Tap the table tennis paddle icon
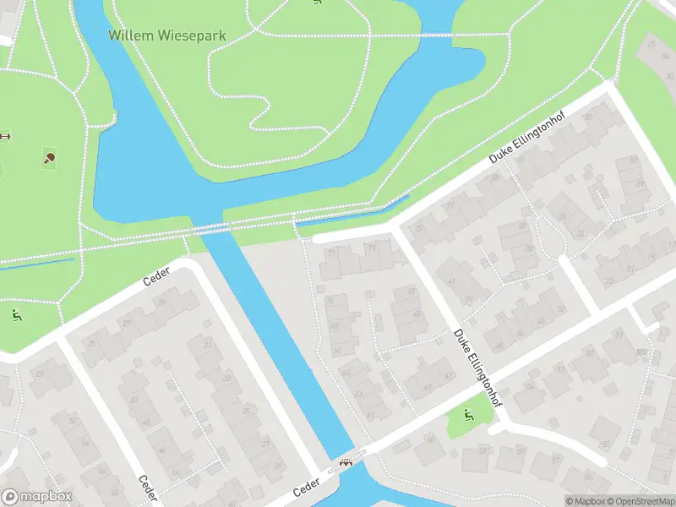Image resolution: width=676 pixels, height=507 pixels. [x=49, y=157]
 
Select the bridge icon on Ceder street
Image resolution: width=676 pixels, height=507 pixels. [x=345, y=463]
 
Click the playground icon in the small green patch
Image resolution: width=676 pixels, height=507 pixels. [x=467, y=414]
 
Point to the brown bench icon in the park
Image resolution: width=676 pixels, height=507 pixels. [x=5, y=136]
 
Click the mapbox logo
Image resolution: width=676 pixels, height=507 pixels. [x=37, y=497]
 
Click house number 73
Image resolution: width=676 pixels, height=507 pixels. [x=372, y=248]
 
